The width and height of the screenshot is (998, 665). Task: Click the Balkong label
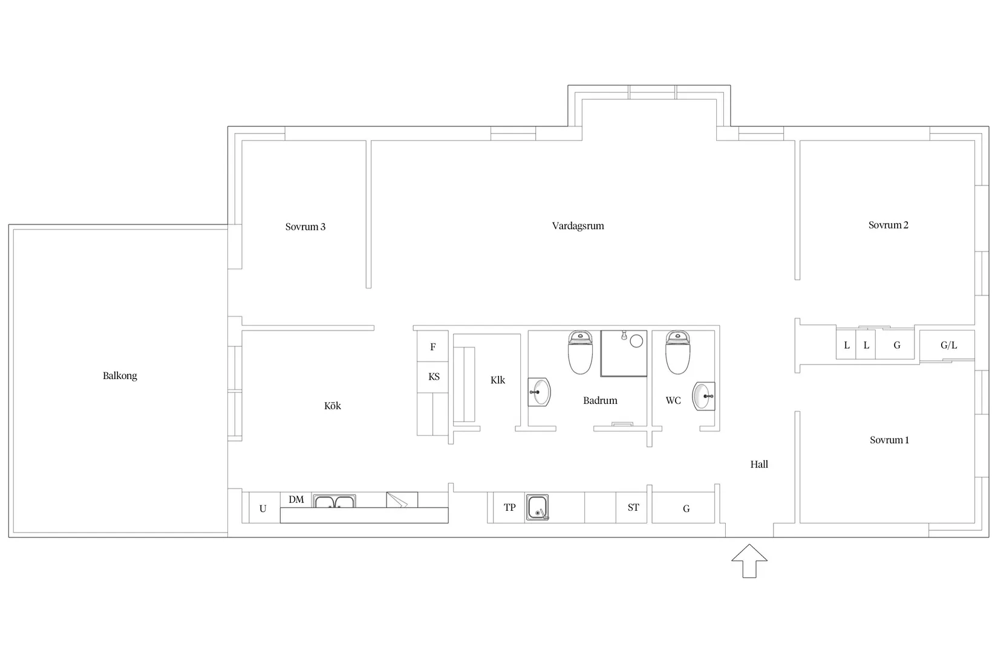click(120, 376)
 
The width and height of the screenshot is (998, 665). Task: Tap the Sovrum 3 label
click(305, 227)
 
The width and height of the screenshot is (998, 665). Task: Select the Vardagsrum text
click(578, 226)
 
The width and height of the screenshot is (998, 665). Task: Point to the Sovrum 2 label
click(888, 225)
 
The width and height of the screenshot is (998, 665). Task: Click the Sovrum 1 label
click(889, 440)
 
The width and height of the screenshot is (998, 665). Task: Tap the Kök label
click(333, 406)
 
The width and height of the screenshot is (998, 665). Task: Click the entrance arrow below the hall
click(749, 561)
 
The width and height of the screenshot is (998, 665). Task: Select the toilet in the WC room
click(677, 352)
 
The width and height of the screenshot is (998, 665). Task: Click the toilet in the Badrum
click(580, 352)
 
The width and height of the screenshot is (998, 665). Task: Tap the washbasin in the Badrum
click(539, 392)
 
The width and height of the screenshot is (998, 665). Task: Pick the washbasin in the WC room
click(703, 396)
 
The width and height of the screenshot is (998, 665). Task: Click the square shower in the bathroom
click(624, 353)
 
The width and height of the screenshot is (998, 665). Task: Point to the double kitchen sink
click(334, 501)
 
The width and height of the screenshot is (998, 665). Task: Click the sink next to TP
click(537, 507)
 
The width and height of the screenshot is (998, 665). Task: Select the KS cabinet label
click(434, 377)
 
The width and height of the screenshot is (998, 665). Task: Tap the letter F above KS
click(432, 347)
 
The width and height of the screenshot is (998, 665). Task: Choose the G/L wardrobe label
click(948, 345)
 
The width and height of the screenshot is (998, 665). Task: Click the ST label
click(633, 507)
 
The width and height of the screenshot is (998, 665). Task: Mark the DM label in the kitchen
click(296, 500)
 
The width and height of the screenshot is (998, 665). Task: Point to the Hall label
click(759, 464)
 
